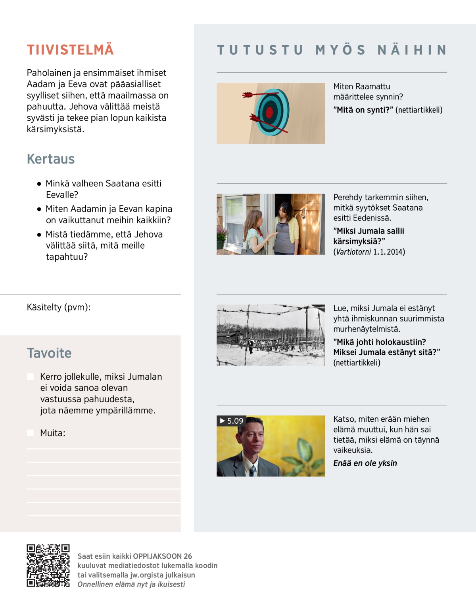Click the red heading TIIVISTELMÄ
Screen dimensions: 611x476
[70, 50]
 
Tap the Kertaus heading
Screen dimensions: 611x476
[51, 159]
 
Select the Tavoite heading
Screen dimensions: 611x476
[49, 353]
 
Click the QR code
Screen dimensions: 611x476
[48, 565]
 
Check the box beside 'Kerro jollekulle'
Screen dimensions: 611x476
[30, 377]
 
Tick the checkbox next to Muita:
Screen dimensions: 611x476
[30, 433]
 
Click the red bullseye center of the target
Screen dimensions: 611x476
[269, 112]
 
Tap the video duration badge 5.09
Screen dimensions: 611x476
[232, 421]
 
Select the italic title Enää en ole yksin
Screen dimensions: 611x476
[365, 463]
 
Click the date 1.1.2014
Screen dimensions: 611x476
[389, 252]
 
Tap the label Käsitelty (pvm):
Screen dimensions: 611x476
[59, 307]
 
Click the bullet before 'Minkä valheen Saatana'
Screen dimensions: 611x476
[39, 184]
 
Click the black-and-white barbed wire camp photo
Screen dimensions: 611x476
[271, 335]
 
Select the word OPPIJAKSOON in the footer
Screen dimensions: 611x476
[157, 556]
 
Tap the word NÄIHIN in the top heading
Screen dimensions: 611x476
[412, 50]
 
